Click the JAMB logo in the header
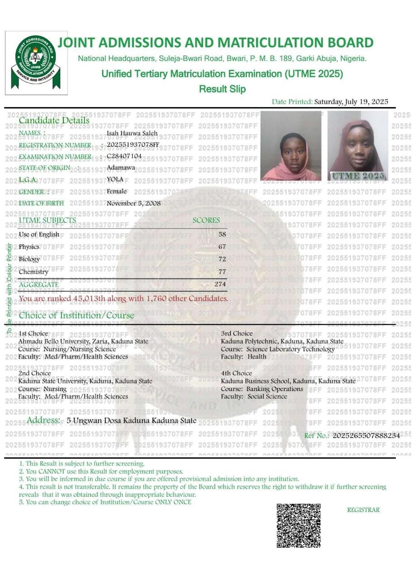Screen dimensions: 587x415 [36, 63]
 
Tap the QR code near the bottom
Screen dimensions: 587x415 [298, 526]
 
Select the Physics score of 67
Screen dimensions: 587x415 [222, 247]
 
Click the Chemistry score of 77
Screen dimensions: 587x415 [222, 272]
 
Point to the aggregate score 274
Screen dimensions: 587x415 [220, 284]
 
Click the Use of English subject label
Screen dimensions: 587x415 [39, 234]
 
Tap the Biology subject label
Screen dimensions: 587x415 [29, 259]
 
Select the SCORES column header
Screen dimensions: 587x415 [206, 220]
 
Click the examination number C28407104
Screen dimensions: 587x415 [124, 156]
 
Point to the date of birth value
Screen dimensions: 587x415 [134, 203]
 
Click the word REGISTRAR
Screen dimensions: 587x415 [363, 510]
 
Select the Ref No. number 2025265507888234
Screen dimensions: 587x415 [366, 435]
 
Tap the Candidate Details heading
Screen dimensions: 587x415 [54, 120]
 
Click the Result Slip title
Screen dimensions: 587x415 [222, 89]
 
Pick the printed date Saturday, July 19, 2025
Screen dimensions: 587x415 [351, 102]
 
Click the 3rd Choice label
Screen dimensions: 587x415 [237, 333]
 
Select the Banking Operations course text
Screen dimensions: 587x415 [275, 389]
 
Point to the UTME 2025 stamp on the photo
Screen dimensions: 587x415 [358, 176]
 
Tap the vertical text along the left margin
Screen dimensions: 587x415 [9, 289]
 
